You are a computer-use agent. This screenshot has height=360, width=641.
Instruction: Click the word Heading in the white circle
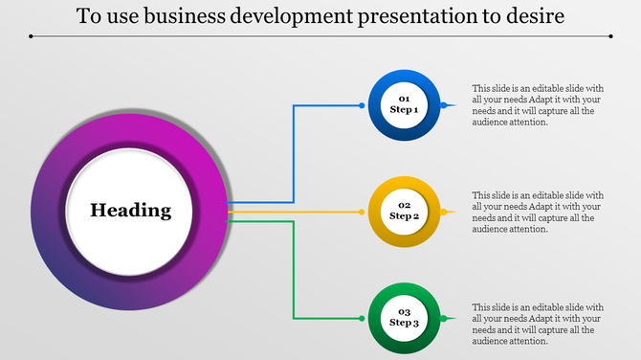(131, 211)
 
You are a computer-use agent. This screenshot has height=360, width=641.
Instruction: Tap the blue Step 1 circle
(405, 104)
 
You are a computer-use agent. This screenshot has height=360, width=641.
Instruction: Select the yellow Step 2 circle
(405, 211)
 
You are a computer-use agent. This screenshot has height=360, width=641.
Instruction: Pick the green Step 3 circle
(405, 317)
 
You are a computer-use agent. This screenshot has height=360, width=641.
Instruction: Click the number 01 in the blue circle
(405, 99)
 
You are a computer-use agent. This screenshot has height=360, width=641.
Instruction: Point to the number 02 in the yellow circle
(405, 205)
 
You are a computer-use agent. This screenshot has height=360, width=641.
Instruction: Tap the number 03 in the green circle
(405, 312)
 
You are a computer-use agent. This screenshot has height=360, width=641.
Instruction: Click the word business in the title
(183, 17)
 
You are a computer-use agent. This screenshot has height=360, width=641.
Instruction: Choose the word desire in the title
(530, 17)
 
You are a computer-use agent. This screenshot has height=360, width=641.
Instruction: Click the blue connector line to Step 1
(294, 153)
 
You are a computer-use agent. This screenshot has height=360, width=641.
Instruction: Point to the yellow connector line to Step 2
(297, 212)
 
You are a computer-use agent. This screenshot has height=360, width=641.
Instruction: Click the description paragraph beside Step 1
(538, 104)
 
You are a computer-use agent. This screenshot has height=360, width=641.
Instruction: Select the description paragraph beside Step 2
(538, 212)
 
